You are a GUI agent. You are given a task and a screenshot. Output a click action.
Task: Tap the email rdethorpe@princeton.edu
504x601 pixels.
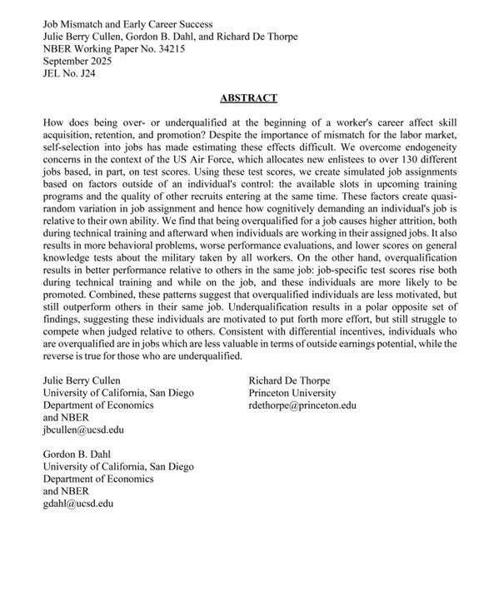[x=302, y=405]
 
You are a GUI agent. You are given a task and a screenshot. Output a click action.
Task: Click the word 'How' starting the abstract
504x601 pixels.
[x=52, y=122]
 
